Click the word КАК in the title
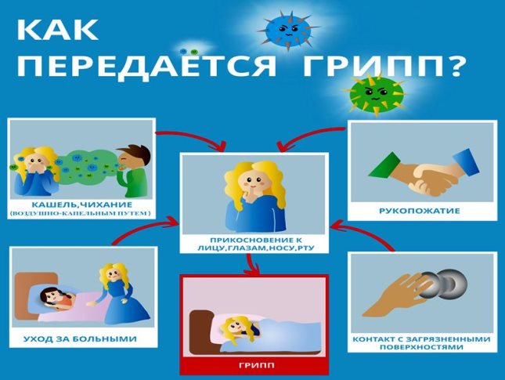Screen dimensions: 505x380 pos(57,30)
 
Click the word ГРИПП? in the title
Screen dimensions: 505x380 pos(384,66)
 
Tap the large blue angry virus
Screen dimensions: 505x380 pos(287,29)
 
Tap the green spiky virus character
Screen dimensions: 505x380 pos(374,94)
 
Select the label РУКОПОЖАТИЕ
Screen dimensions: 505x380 pos(420,211)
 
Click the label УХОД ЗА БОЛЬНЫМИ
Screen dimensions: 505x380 pos(80,338)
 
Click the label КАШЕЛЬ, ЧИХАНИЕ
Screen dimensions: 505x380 pos(81,204)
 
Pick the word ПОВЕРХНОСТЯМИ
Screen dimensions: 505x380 pos(421,347)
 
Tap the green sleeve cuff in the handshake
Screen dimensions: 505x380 pos(384,165)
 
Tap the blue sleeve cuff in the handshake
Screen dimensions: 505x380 pos(466,162)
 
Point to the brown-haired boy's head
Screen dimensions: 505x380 pos(133,157)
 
